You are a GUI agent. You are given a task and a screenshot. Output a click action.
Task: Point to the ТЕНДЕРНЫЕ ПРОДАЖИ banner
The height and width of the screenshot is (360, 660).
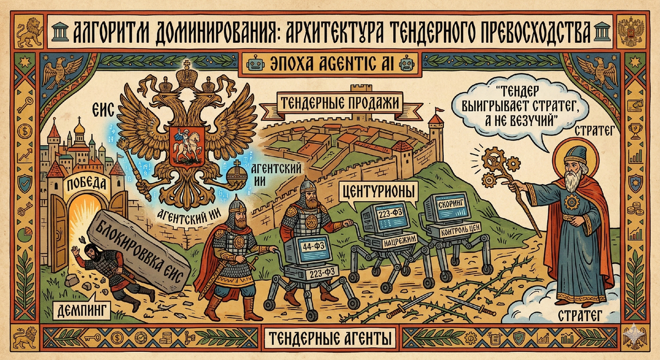pos(339,102)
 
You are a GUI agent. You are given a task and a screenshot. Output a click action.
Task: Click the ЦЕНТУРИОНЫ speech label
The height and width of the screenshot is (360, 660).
pos(378,192)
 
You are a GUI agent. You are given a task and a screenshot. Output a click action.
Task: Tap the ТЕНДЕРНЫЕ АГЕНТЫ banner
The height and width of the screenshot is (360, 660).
pos(328,336)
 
